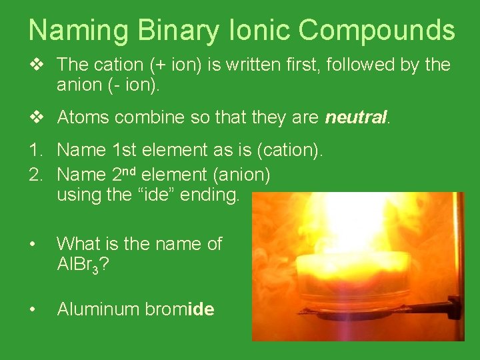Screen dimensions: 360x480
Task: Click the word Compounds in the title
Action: tap(377, 31)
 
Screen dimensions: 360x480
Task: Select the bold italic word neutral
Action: tap(355, 118)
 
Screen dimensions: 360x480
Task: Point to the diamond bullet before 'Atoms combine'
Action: tap(37, 118)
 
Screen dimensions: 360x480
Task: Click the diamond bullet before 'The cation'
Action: tap(37, 65)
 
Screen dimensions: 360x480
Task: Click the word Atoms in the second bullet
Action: tap(83, 118)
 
